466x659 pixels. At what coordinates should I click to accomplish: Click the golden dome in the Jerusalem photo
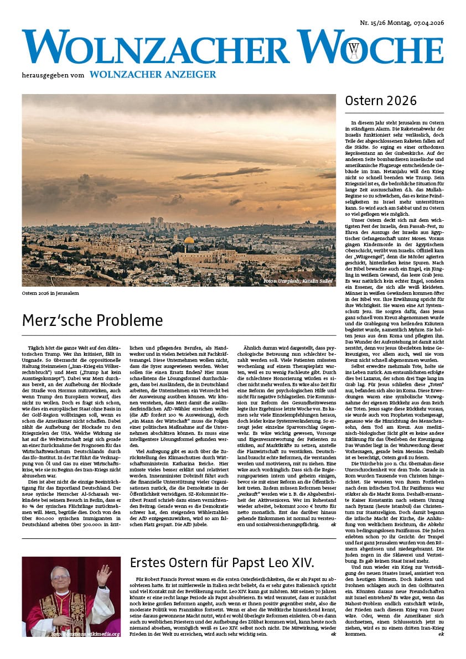(x=189, y=241)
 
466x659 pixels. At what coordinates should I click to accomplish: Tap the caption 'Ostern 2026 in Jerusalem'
(x=50, y=293)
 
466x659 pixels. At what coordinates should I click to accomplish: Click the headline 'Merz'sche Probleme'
(x=92, y=320)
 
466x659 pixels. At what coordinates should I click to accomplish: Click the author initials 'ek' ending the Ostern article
(x=441, y=650)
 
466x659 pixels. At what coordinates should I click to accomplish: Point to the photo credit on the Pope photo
(x=85, y=635)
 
